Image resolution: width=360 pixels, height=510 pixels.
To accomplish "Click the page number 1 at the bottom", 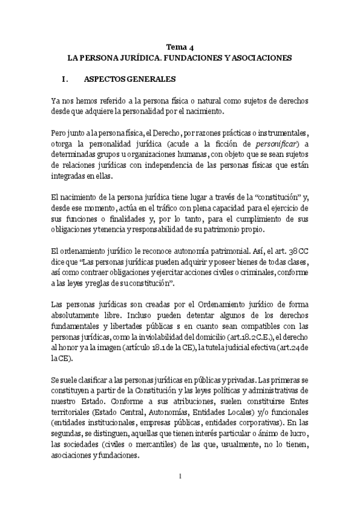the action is click(180, 476).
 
